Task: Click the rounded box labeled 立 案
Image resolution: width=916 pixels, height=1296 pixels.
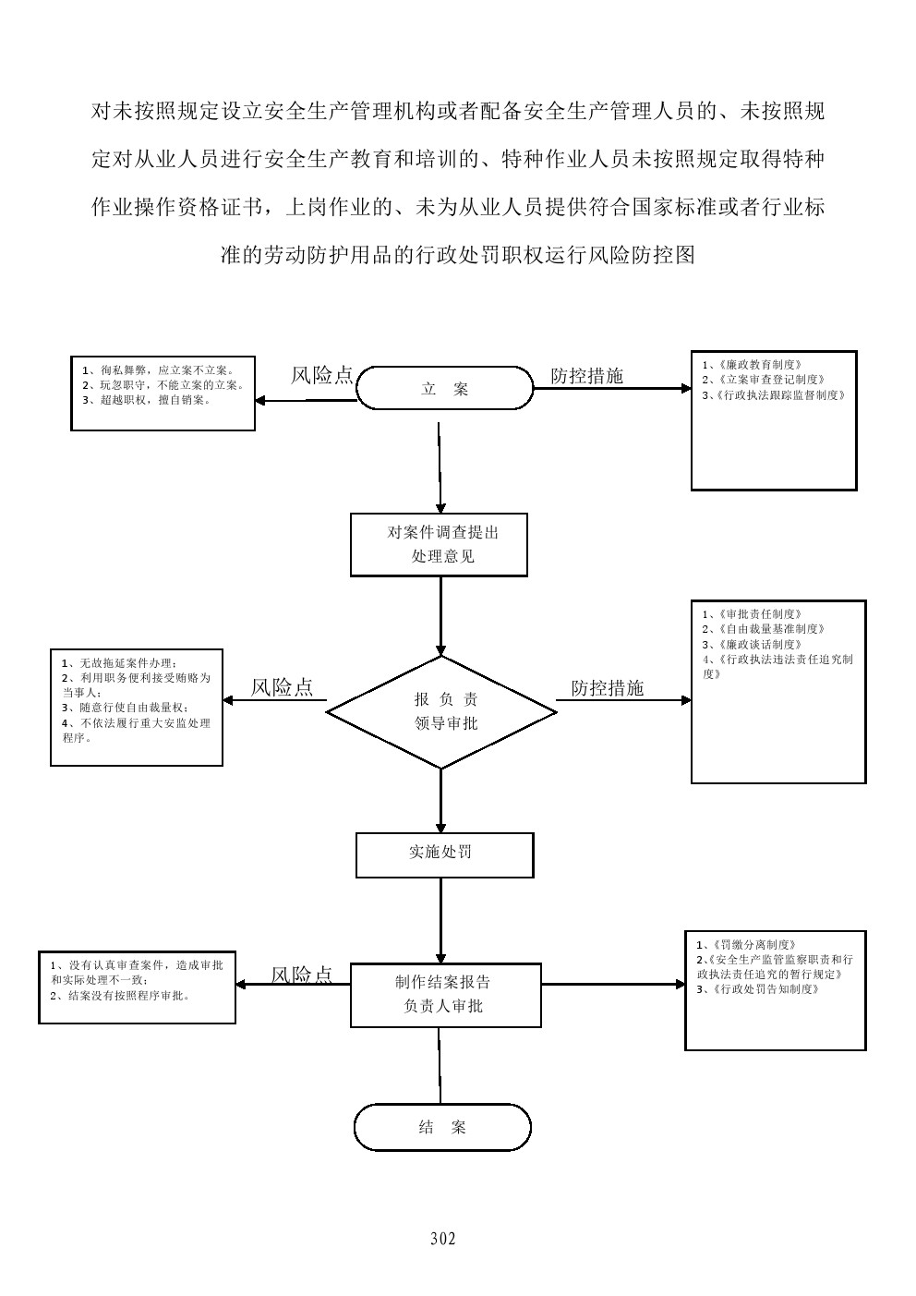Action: point(444,388)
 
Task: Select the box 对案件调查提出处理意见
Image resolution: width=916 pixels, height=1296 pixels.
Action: point(439,545)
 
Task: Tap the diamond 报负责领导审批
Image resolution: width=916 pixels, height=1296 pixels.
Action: point(441,712)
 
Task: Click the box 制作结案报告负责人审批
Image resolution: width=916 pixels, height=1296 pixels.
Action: point(445,995)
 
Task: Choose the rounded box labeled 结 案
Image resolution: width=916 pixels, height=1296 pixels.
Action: point(442,1127)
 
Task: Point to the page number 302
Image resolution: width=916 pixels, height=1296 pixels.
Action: point(443,1239)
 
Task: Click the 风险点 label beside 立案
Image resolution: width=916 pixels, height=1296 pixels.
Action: point(321,375)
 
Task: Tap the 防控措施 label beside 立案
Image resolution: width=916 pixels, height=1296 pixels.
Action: point(586,376)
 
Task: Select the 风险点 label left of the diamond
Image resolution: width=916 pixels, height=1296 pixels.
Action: point(282,687)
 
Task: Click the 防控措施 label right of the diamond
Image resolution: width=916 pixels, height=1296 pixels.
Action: point(607,688)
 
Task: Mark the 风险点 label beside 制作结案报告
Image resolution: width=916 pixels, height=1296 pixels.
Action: point(302,975)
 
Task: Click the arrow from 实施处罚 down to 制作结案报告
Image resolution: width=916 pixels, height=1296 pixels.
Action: point(441,919)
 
